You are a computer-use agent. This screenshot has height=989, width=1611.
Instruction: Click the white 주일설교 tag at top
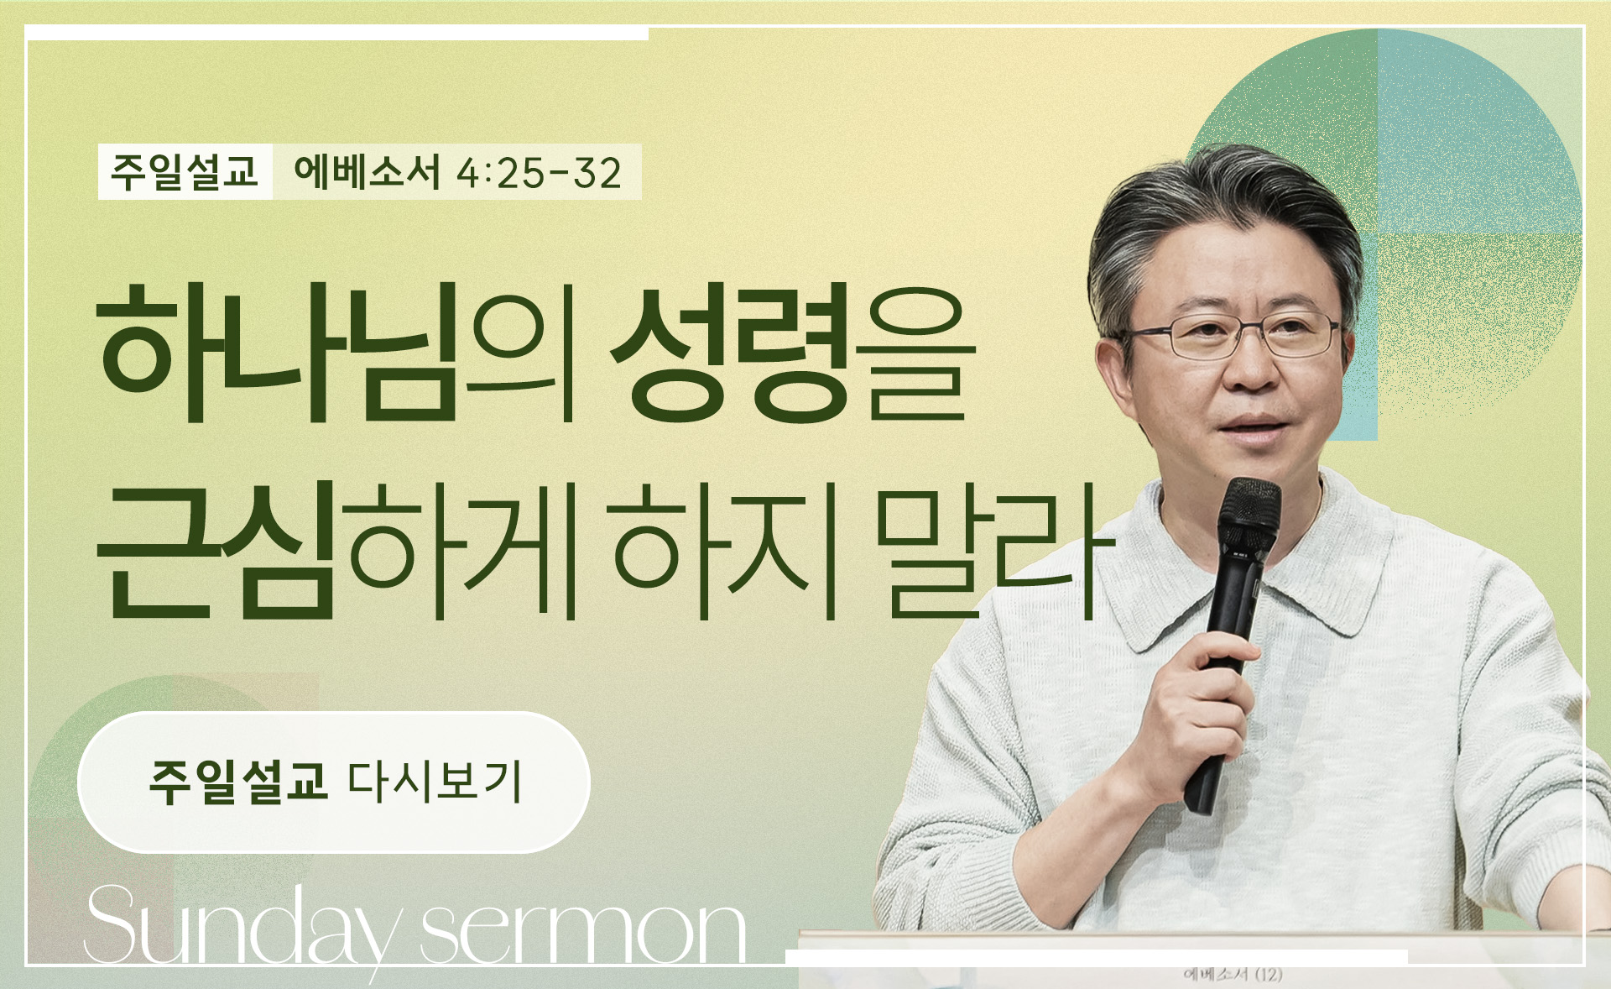click(185, 172)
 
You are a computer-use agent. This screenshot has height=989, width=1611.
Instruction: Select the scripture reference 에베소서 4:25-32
click(457, 172)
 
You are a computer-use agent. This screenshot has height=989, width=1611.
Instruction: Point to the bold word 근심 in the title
click(216, 550)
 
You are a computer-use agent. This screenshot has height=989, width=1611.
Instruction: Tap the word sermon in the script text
click(583, 932)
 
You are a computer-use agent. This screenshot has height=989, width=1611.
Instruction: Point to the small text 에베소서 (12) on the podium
click(1233, 975)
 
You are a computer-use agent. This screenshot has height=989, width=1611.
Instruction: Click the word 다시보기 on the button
click(435, 782)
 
